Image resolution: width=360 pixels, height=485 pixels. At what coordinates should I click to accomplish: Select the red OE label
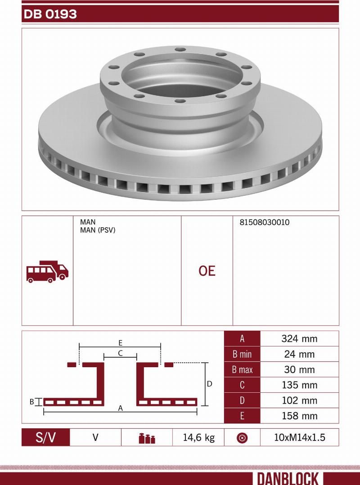tap(207, 271)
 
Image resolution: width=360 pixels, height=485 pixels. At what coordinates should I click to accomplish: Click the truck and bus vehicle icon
tap(47, 271)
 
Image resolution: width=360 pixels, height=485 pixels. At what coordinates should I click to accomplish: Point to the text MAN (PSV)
tap(98, 230)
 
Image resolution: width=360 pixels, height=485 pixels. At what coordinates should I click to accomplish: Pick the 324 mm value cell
tap(299, 339)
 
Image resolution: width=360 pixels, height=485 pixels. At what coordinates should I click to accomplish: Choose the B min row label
tap(242, 354)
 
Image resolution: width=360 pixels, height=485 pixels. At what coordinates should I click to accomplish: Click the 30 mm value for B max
tap(299, 369)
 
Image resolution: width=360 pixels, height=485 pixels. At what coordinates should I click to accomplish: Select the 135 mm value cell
tap(299, 385)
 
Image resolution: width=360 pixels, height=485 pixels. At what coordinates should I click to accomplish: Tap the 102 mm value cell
tap(299, 400)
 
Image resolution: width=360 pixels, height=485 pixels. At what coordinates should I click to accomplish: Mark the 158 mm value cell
tap(299, 416)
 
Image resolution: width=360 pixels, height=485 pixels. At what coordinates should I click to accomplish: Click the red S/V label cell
tap(46, 437)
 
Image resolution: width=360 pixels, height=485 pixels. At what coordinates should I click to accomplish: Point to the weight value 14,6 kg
tap(198, 437)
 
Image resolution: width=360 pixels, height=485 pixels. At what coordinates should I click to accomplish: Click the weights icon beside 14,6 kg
tap(147, 438)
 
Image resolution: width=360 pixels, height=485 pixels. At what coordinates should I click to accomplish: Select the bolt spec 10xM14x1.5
tap(299, 437)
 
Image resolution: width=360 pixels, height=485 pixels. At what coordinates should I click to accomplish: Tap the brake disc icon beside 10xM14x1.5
tap(242, 438)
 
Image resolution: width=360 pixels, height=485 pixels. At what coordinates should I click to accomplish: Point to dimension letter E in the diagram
tap(121, 342)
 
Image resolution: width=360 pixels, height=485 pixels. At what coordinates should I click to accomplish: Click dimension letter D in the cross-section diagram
tap(209, 384)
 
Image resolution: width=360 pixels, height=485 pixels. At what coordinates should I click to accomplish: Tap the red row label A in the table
tap(242, 339)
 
